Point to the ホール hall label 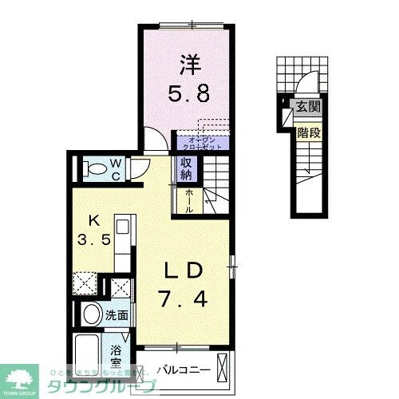pos(188,198)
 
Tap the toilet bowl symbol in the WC pos(93,168)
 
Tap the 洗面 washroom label pos(117,314)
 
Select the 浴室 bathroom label pos(117,354)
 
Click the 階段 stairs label pos(308,133)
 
